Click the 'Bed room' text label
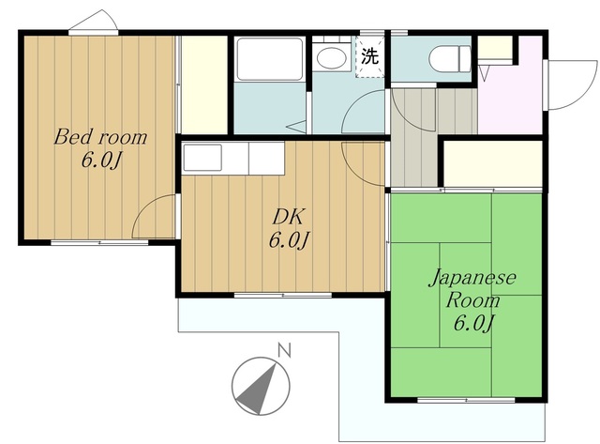(x=100, y=137)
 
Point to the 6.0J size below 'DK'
(x=289, y=241)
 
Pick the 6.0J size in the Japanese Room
(x=473, y=325)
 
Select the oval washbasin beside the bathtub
(x=331, y=59)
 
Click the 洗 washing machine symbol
(x=370, y=54)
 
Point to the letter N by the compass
(x=283, y=351)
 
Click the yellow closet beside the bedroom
(x=204, y=84)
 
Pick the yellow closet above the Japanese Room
(x=491, y=164)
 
